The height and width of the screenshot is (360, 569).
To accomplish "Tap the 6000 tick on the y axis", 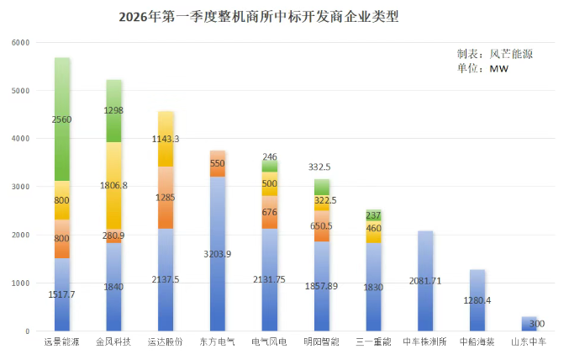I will pyautogui.click(x=20, y=42).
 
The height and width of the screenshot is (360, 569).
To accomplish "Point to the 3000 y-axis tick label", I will pyautogui.click(x=20, y=187).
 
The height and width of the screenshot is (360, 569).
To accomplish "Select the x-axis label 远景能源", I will pyautogui.click(x=62, y=343).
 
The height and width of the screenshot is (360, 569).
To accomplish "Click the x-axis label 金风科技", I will pyautogui.click(x=114, y=343).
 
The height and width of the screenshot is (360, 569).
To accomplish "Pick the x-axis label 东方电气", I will pyautogui.click(x=218, y=343).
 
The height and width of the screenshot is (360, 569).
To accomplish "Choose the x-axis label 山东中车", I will pyautogui.click(x=529, y=343).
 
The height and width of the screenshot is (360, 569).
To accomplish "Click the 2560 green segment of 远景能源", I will pyautogui.click(x=62, y=119).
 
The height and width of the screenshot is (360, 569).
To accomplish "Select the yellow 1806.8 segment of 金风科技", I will pyautogui.click(x=114, y=185).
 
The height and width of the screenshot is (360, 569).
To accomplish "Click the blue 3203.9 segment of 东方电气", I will pyautogui.click(x=218, y=254).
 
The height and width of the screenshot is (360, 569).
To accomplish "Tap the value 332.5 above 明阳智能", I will pyautogui.click(x=322, y=167).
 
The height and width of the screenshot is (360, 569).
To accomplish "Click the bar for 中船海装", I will pyautogui.click(x=477, y=300).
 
